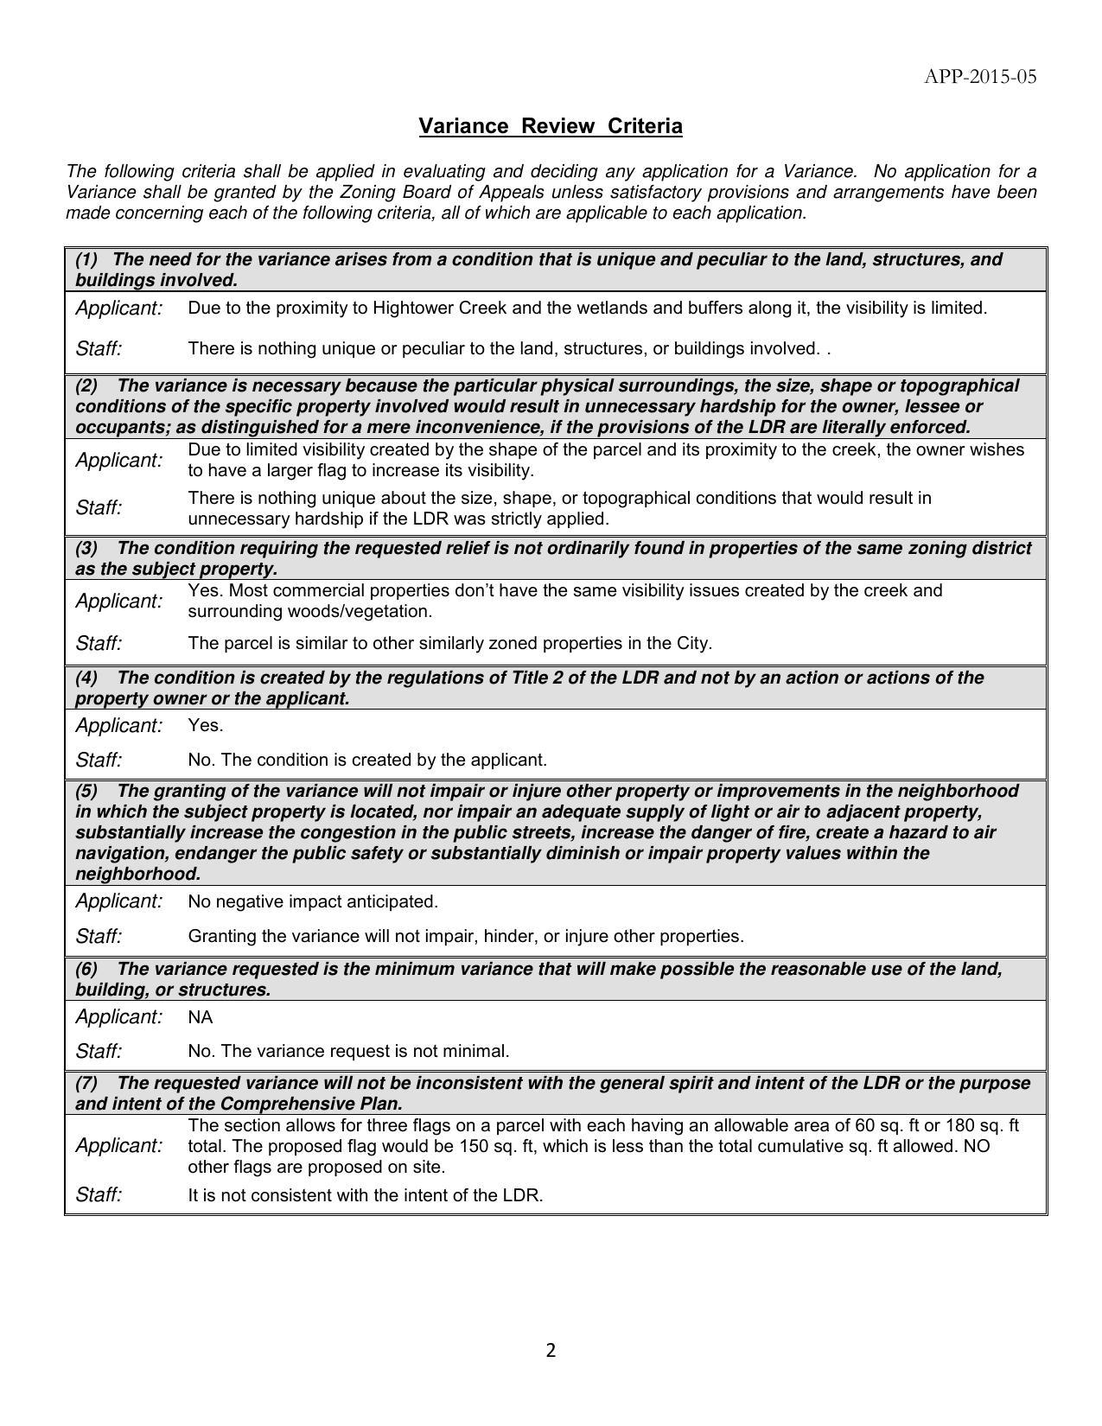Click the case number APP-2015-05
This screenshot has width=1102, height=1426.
coord(980,77)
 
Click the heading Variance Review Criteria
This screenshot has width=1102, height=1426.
coord(551,126)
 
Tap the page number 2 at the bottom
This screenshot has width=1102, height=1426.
coord(551,1350)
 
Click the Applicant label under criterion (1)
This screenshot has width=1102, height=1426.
coord(119,308)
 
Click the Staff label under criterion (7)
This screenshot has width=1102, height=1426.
coord(99,1194)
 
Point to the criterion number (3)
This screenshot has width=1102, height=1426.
coord(86,548)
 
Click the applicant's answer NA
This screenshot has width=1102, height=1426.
coord(200,1017)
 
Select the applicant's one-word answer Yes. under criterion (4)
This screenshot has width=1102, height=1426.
coord(206,725)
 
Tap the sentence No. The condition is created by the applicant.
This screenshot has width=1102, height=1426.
coord(367,760)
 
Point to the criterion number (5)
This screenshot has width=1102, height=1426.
coord(86,791)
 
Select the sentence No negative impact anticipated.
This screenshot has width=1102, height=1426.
coord(313,901)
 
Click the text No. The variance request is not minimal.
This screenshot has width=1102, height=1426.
coord(348,1051)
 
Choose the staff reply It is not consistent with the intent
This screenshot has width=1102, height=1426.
coord(365,1195)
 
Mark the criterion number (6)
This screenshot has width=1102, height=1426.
coord(86,969)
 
